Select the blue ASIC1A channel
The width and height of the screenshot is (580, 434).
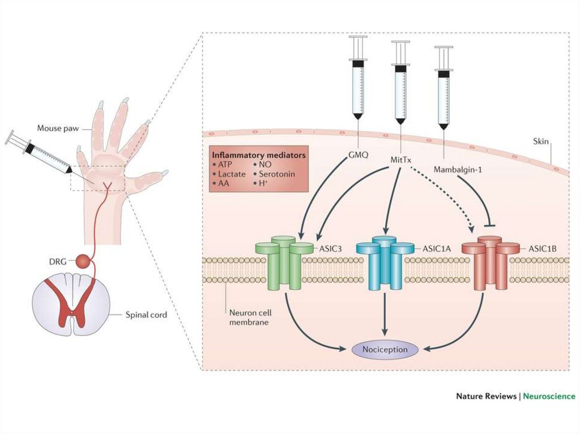point(385,263)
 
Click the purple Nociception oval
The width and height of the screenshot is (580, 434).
point(385,349)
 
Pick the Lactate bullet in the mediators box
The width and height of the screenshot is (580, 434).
point(231,174)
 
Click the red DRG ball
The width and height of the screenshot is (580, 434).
point(83,262)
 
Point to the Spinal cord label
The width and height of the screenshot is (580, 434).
point(146,315)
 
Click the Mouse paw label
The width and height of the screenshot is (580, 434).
point(57,128)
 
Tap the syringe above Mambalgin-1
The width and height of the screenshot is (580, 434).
point(443,85)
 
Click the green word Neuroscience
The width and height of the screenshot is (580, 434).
point(549,396)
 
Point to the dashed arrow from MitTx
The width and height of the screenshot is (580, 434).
point(445,198)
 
